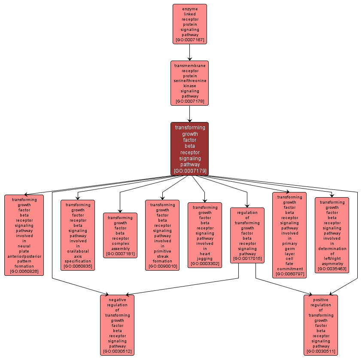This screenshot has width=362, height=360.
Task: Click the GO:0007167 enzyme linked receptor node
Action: click(x=190, y=24)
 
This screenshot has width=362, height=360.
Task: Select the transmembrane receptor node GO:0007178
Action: click(x=189, y=83)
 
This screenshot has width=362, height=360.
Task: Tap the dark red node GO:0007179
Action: click(x=189, y=149)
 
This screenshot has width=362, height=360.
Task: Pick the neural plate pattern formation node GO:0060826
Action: click(x=24, y=235)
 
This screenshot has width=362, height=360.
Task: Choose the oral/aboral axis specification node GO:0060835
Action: click(x=78, y=235)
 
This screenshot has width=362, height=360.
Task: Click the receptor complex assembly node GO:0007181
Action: click(x=120, y=235)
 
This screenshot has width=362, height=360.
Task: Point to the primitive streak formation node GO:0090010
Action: click(x=162, y=235)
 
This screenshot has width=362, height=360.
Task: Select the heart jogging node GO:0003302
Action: click(x=205, y=235)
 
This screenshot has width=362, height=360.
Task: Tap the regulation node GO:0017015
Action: click(x=247, y=235)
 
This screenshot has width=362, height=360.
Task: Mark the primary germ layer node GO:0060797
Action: click(x=289, y=235)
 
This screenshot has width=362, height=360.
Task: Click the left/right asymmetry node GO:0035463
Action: click(x=332, y=235)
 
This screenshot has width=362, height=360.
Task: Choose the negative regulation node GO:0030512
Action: click(x=117, y=325)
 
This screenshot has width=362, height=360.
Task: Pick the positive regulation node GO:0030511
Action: click(x=321, y=325)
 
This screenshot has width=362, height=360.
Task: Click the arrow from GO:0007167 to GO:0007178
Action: click(x=189, y=52)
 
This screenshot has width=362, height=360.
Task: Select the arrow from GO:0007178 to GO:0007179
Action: click(x=189, y=114)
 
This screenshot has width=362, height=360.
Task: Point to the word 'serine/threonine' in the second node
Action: click(x=190, y=81)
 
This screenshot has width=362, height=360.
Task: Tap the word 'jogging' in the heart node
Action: click(x=205, y=259)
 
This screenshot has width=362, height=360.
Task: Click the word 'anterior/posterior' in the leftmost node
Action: click(x=24, y=256)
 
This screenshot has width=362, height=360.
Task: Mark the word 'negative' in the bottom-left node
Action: click(x=117, y=300)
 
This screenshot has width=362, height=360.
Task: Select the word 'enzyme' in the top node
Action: click(x=190, y=9)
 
